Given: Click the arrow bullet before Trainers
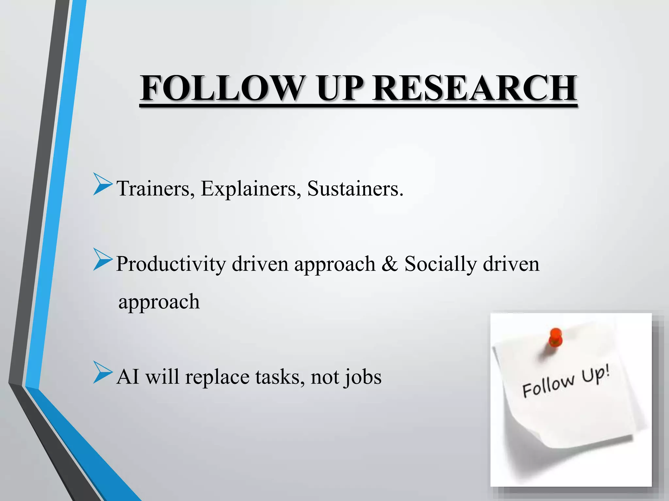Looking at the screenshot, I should (x=102, y=184).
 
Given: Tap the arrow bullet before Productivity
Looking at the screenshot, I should (x=102, y=259).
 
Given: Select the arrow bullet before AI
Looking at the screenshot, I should (x=102, y=372).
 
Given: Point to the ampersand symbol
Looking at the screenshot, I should (x=389, y=264).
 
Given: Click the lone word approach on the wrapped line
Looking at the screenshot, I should (x=159, y=302).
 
